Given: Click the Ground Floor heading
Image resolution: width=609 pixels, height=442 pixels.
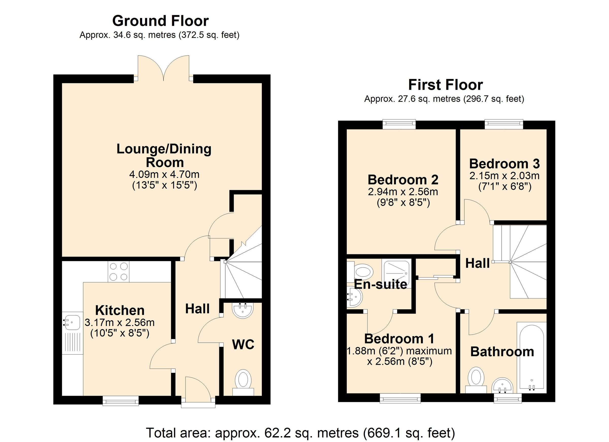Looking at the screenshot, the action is click(x=160, y=21).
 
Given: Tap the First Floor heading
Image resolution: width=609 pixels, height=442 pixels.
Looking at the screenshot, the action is click(x=446, y=85).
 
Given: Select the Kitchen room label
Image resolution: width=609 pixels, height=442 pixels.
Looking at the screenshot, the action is click(x=120, y=310).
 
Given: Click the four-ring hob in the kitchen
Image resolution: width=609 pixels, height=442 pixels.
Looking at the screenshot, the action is click(x=119, y=272).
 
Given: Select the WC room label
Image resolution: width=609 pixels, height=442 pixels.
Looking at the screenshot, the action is click(x=243, y=344).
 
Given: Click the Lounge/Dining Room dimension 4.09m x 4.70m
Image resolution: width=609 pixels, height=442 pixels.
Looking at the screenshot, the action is click(x=164, y=175).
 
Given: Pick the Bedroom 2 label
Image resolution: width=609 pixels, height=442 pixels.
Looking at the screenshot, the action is click(x=403, y=180).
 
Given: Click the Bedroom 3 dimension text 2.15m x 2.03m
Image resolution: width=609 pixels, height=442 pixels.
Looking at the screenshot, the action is click(x=504, y=176).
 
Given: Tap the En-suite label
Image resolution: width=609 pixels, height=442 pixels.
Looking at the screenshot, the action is click(x=380, y=284).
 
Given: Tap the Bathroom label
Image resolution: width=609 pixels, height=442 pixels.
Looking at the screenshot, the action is click(x=502, y=352).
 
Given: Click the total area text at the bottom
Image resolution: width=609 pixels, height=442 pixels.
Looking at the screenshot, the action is click(x=300, y=433).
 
